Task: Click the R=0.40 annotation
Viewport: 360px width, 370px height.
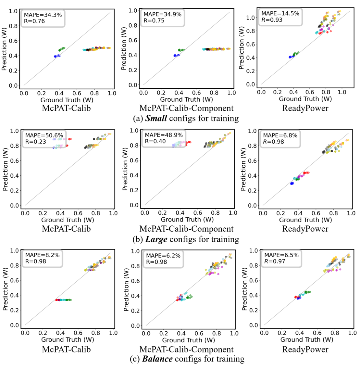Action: tap(155, 141)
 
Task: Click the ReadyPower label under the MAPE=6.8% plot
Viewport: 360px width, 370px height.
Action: tap(305, 229)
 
